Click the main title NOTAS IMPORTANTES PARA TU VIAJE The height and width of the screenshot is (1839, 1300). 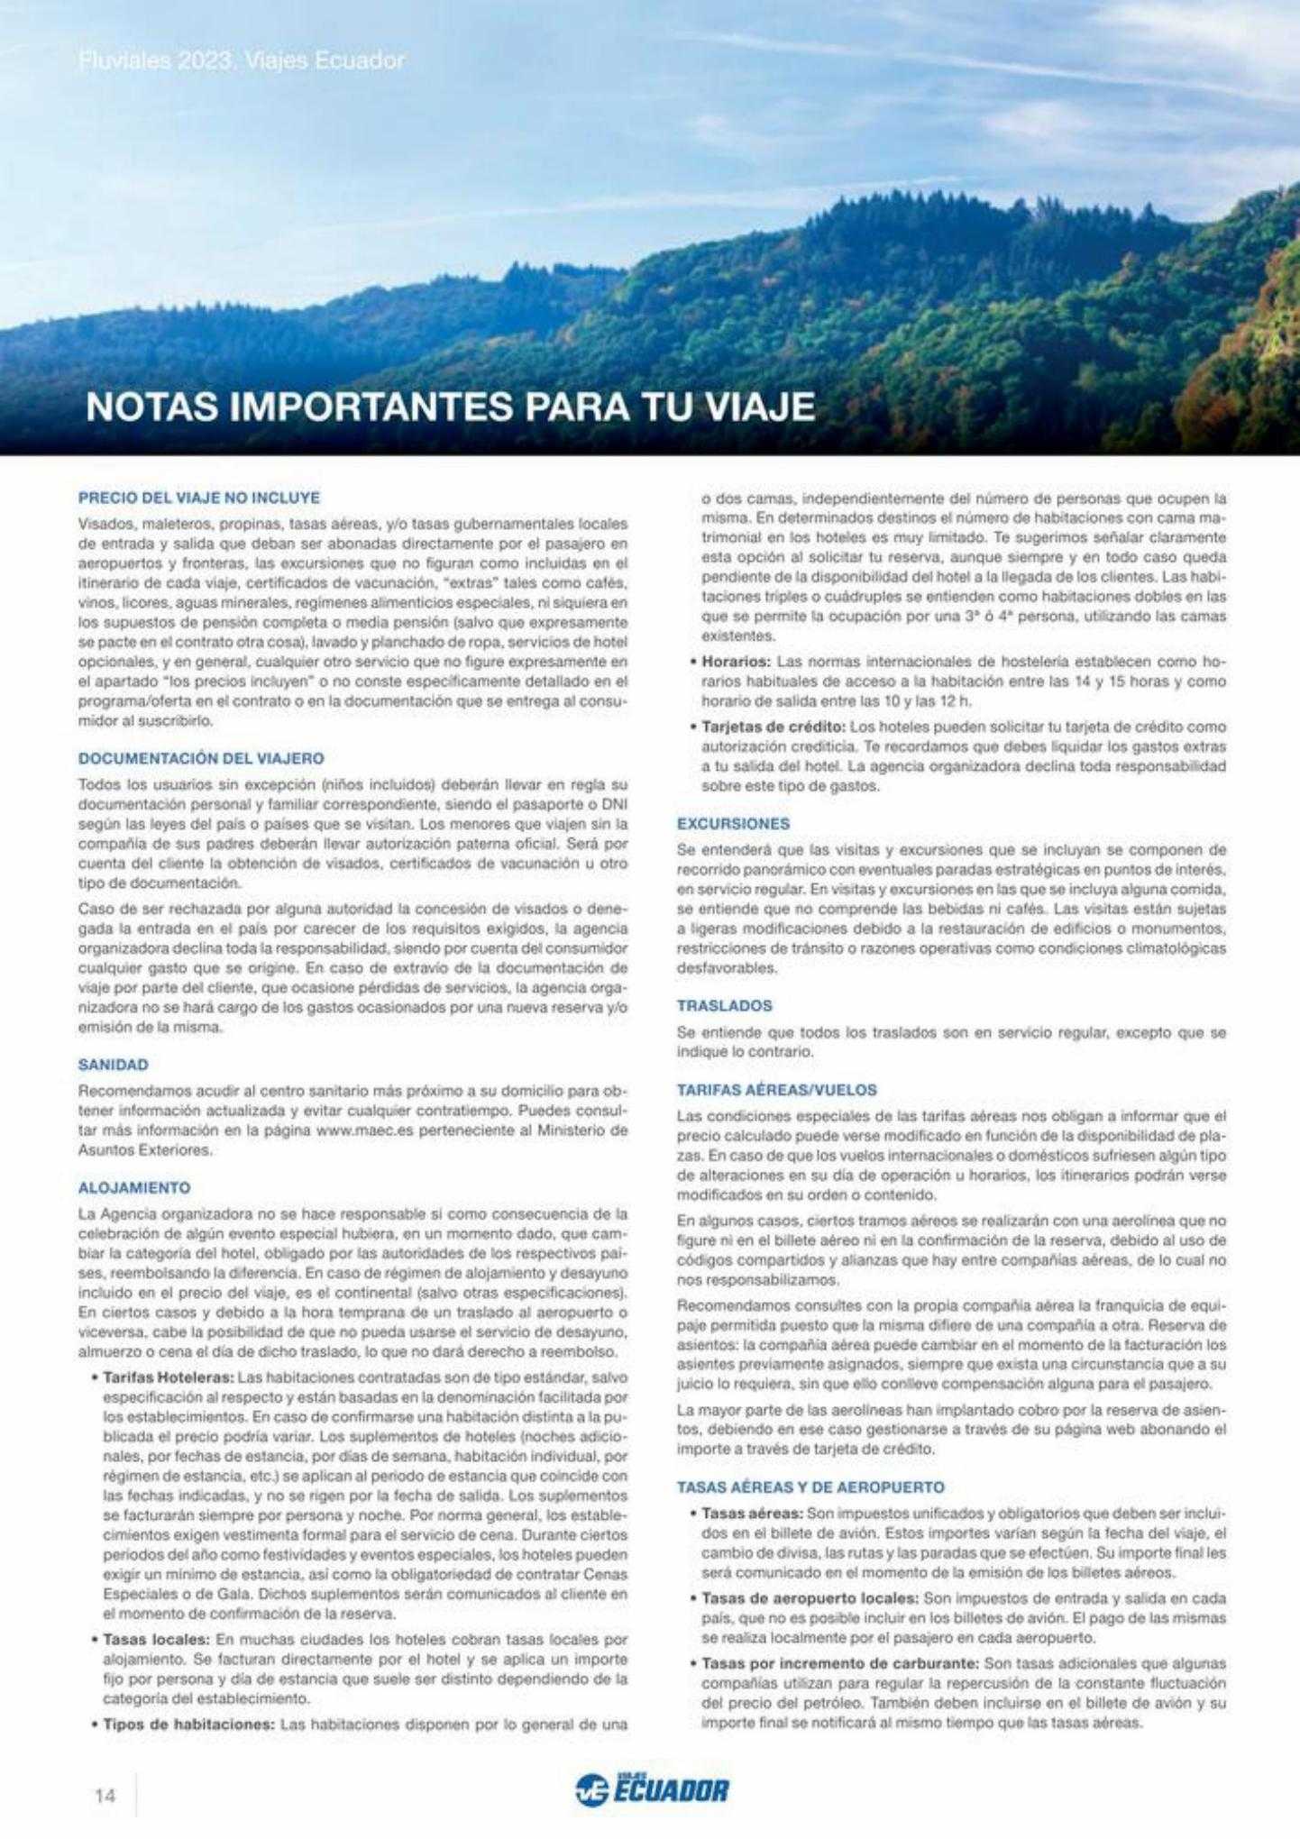(450, 407)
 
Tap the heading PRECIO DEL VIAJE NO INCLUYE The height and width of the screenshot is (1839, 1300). (199, 498)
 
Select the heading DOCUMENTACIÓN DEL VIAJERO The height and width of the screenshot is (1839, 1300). (201, 759)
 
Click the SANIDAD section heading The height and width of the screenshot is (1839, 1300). (114, 1065)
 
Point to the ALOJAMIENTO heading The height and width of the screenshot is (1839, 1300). (134, 1188)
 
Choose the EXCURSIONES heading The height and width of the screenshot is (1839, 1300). (733, 824)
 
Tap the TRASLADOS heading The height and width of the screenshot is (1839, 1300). (725, 1005)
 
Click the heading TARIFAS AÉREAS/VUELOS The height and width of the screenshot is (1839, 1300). (776, 1090)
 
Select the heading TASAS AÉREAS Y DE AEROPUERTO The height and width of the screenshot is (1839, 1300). (810, 1487)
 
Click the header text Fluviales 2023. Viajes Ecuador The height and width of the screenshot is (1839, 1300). (242, 60)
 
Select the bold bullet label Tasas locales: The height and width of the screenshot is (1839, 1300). (156, 1639)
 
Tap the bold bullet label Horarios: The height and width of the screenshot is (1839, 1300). (735, 662)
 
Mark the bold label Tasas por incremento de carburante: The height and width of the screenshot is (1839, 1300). (839, 1663)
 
